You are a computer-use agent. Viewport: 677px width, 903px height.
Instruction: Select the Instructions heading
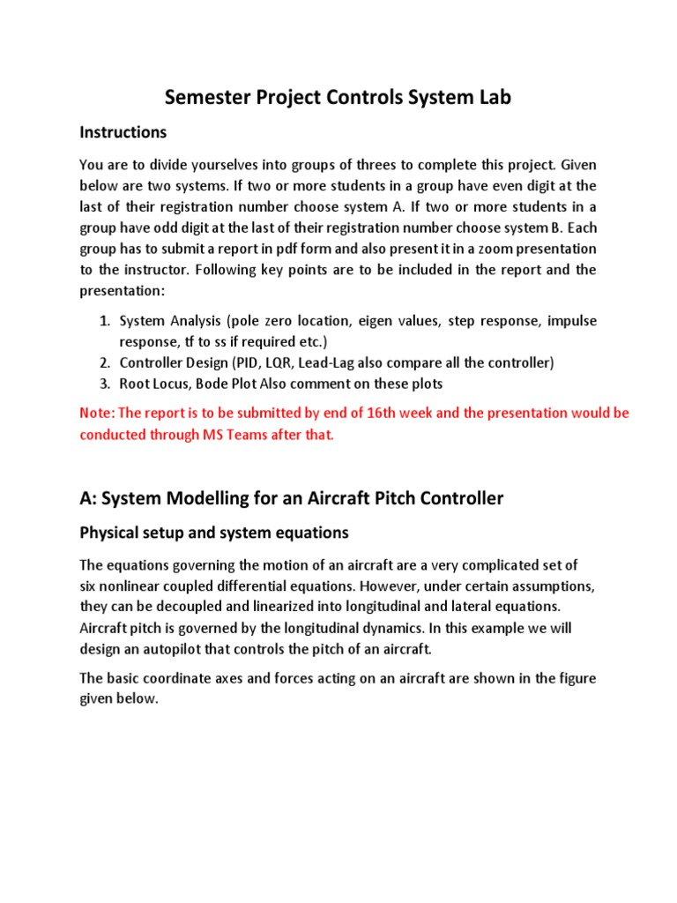click(x=123, y=132)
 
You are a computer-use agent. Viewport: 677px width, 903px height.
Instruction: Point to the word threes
click(x=364, y=165)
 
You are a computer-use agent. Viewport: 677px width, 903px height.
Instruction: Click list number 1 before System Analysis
click(x=104, y=321)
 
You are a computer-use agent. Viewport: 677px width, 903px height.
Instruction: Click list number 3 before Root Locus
click(x=104, y=384)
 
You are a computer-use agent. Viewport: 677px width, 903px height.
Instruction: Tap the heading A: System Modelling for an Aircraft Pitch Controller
click(x=292, y=498)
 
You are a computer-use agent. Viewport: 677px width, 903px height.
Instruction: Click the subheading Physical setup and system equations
click(x=214, y=533)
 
